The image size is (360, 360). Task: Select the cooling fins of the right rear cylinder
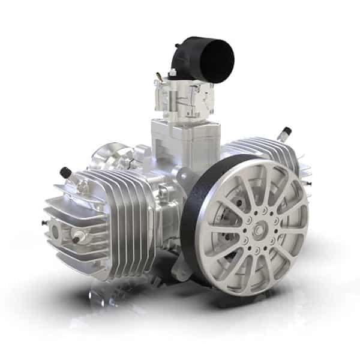tap(264, 150)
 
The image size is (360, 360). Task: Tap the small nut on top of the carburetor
tap(173, 73)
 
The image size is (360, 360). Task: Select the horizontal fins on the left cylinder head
tap(72, 204)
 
